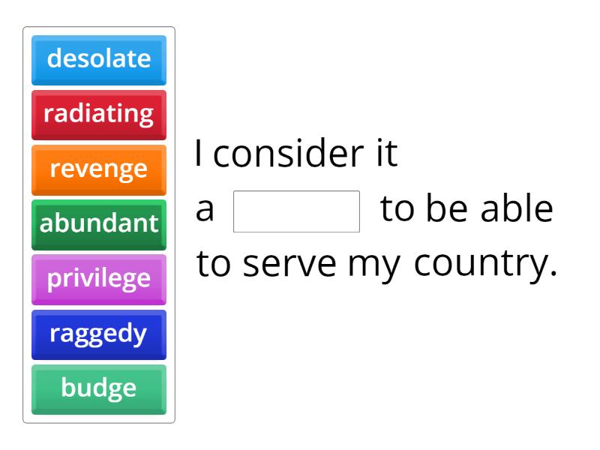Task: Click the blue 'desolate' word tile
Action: (x=99, y=58)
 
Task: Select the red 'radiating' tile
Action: (x=99, y=114)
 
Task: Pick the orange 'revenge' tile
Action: (x=99, y=169)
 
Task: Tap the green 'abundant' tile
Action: (x=99, y=223)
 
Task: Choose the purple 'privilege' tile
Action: (x=99, y=279)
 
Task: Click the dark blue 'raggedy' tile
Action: (x=99, y=334)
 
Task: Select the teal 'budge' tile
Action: (x=99, y=388)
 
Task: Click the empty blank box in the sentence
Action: (x=297, y=211)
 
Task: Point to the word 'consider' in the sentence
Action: (x=289, y=154)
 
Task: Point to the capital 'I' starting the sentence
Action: (x=199, y=154)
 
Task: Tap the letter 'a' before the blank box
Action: (x=205, y=211)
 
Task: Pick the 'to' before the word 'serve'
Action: (x=215, y=265)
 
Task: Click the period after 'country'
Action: (x=553, y=274)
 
